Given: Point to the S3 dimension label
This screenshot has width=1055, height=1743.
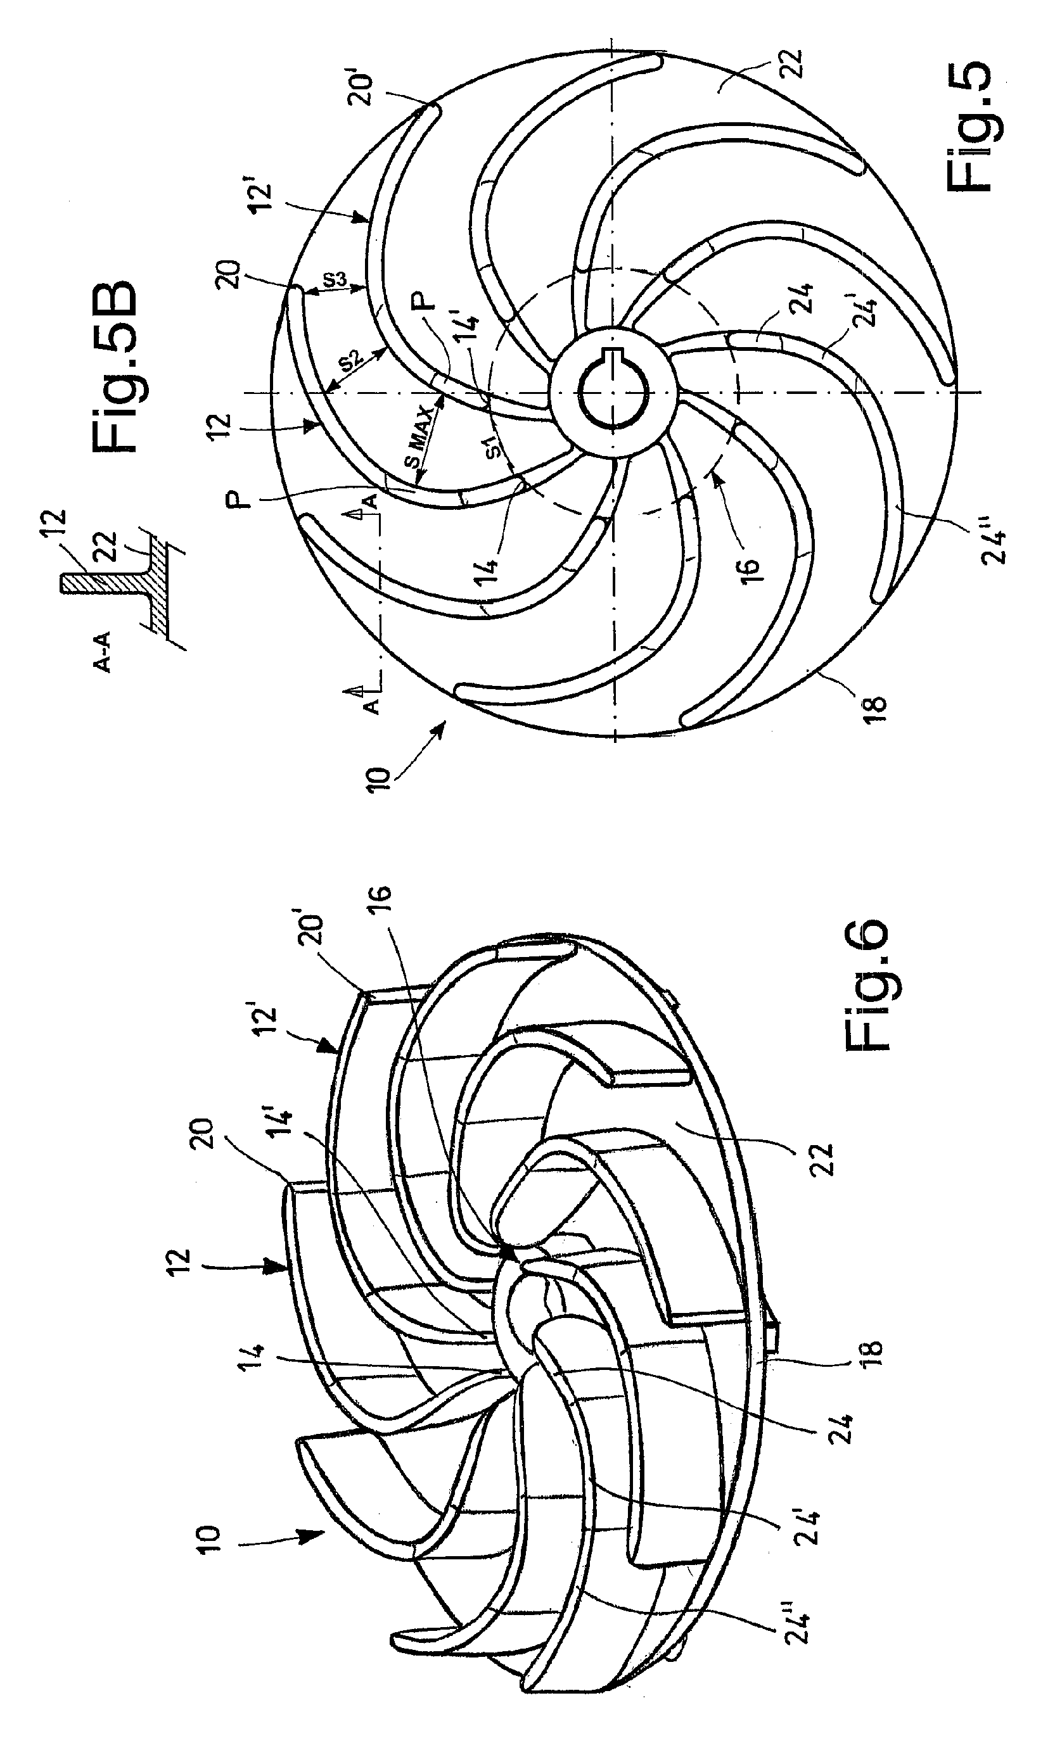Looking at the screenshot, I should [x=335, y=279].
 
